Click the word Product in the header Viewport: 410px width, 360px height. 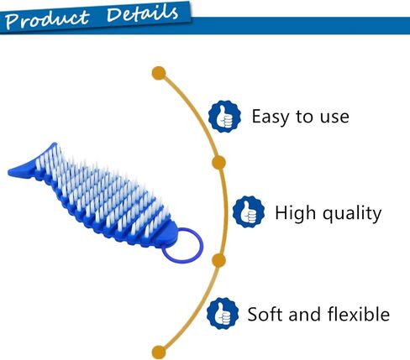coord(47,18)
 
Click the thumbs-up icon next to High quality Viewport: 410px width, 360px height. coord(246,211)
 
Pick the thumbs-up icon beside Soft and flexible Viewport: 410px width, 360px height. coord(222,312)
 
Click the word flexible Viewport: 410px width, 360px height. coord(358,314)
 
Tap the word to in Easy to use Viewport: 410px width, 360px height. coord(303,117)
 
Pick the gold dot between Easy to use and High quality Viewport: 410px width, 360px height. coord(218,162)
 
